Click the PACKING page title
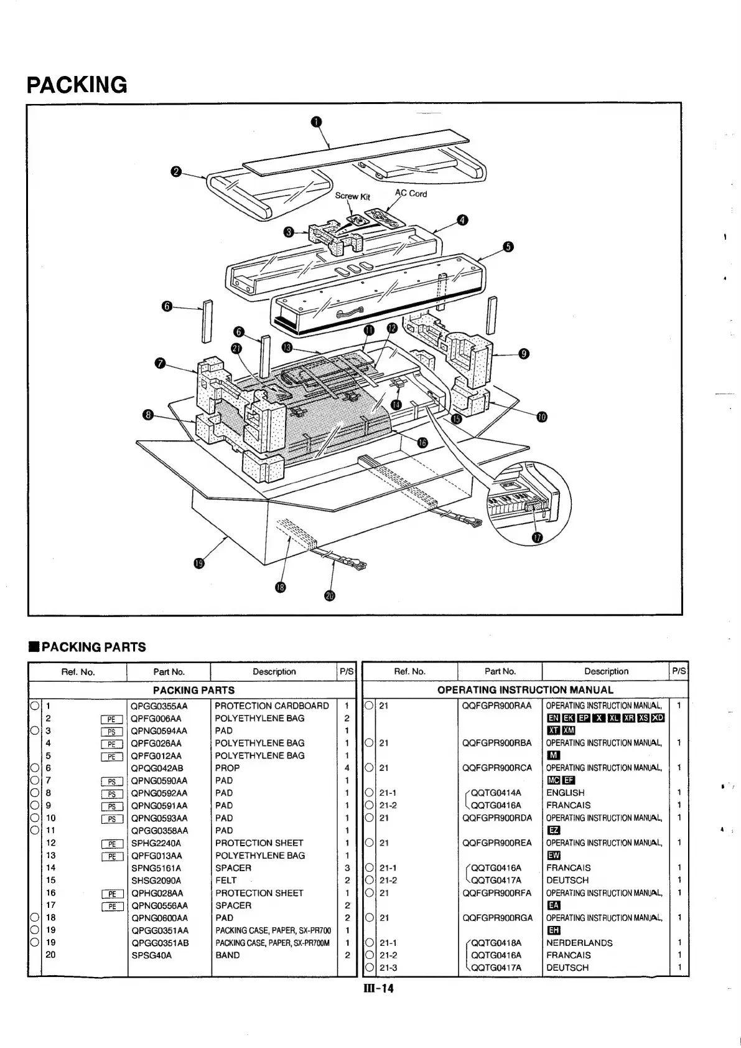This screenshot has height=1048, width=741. point(77,84)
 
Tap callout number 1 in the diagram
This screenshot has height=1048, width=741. point(317,121)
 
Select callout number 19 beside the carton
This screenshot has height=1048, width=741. point(198,563)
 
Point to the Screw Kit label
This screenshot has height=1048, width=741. point(352,196)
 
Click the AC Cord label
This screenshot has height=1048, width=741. point(411,193)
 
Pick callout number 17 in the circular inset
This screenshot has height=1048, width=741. point(538,537)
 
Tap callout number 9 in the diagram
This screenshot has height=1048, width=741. point(524,354)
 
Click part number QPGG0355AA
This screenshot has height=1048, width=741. point(159,706)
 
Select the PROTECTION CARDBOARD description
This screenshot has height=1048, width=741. point(272,706)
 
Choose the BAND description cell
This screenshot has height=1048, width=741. point(227,955)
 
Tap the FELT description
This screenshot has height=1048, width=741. point(226,880)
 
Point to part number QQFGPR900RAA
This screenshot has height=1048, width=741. point(496,706)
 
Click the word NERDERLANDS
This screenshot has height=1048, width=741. point(579,942)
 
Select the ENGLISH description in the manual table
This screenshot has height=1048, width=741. point(565,793)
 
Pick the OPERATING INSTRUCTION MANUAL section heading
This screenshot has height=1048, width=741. point(525,689)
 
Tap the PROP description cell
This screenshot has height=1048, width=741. point(227,768)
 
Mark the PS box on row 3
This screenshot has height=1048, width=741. point(112,731)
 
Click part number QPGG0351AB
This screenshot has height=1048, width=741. point(159,942)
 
